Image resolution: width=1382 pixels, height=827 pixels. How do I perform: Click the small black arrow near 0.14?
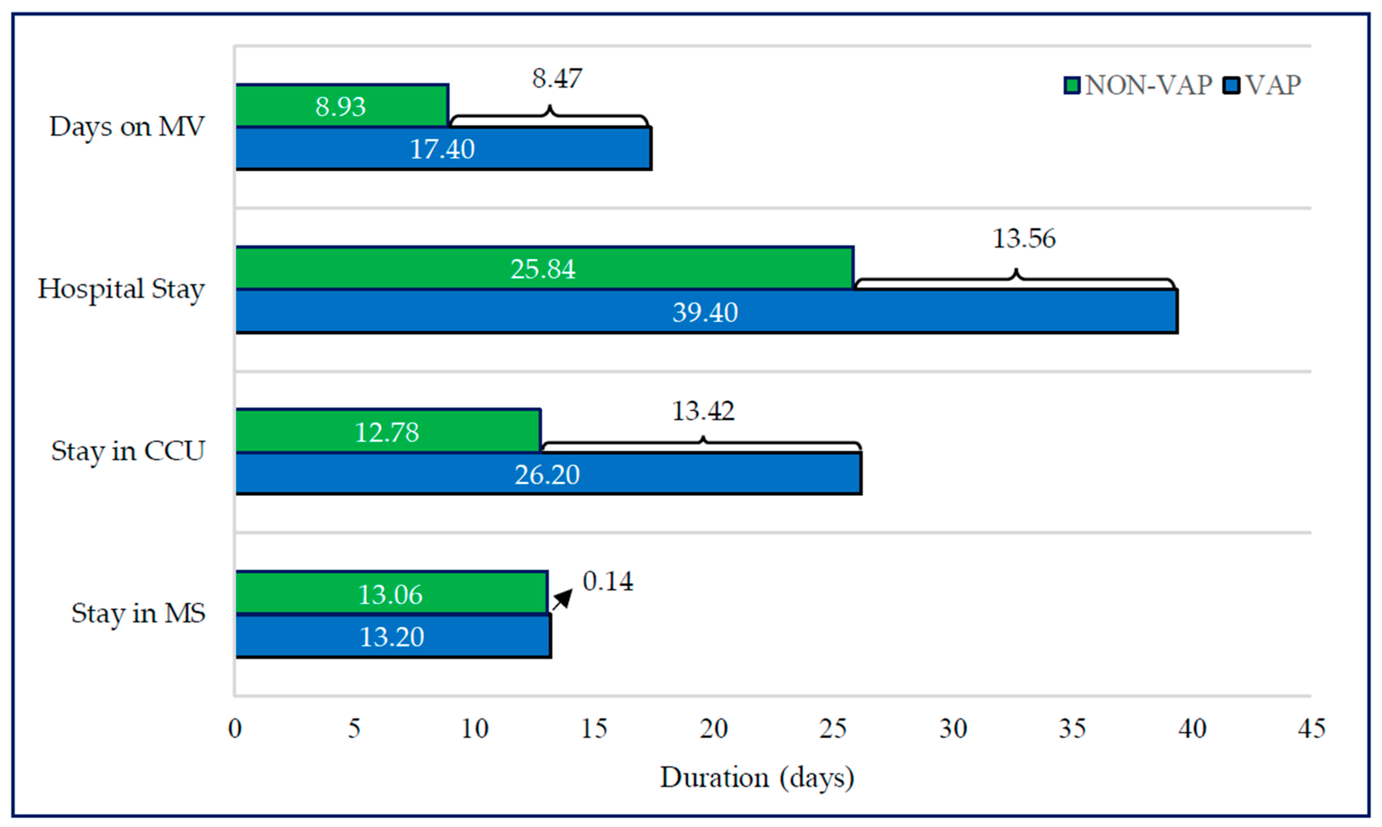coord(563,599)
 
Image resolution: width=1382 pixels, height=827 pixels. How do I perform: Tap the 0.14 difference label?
coord(607,581)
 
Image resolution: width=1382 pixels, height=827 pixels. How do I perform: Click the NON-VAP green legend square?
coord(1072,86)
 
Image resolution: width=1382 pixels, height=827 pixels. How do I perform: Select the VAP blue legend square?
coord(1231,86)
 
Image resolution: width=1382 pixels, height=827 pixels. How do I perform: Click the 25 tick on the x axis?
coord(833,728)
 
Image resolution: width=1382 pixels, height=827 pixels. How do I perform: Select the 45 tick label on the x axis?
coord(1311,728)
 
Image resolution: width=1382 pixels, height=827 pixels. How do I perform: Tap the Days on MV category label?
coord(127,126)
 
